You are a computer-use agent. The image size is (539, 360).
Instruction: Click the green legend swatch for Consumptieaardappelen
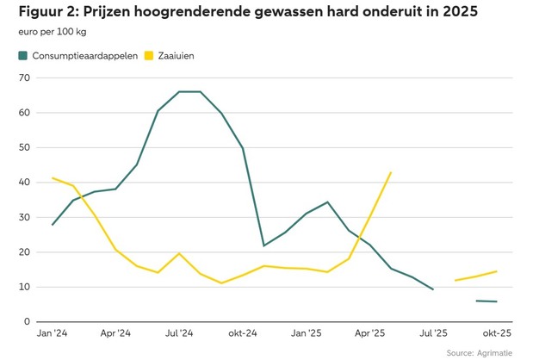[22, 56]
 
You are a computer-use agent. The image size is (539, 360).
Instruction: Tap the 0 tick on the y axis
[26, 322]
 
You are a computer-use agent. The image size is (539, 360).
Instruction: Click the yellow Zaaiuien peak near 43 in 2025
[391, 172]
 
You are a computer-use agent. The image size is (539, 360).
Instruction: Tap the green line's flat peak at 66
[189, 91]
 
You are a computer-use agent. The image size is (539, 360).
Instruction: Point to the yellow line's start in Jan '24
[53, 178]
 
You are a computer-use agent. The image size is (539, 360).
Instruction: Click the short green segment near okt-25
[486, 301]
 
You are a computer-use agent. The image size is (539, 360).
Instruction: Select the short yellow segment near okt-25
[476, 276]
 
